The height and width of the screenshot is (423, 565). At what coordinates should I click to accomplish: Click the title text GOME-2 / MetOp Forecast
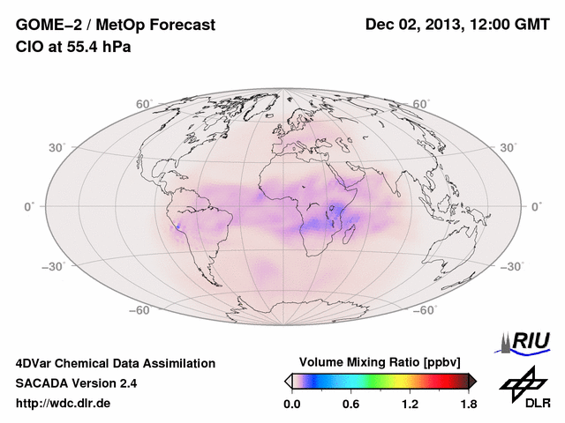(x=116, y=26)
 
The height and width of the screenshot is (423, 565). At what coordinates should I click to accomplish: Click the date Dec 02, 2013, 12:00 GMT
(x=459, y=26)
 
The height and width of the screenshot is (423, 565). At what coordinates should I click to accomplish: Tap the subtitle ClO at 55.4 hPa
(x=73, y=47)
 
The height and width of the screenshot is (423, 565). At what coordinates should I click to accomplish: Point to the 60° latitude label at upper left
(x=144, y=105)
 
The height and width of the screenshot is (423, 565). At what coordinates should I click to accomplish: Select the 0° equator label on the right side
(x=535, y=205)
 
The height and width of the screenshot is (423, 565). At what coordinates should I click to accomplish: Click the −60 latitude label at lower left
(x=139, y=310)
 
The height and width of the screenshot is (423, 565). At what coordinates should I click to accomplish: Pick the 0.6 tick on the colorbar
(x=350, y=404)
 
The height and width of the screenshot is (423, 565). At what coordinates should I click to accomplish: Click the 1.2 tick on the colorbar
(x=410, y=404)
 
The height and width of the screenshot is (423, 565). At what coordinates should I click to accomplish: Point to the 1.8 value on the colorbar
(x=468, y=404)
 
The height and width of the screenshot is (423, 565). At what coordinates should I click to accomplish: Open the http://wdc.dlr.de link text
(x=64, y=404)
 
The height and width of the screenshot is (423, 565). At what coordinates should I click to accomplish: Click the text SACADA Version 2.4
(x=77, y=383)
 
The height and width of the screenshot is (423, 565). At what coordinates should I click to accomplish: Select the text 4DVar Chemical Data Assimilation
(x=116, y=363)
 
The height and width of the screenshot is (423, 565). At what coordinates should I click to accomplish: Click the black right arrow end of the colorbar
(x=472, y=381)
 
